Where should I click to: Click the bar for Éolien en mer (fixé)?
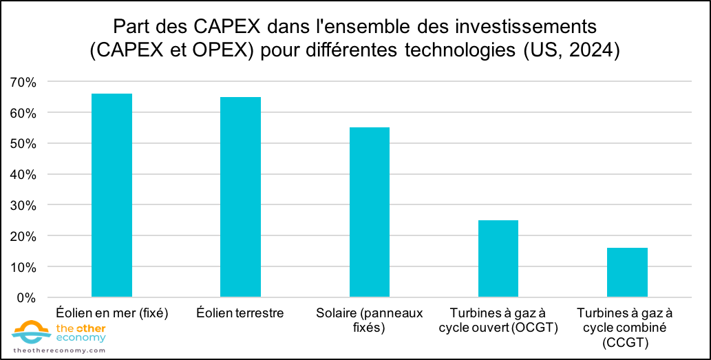tap(112, 195)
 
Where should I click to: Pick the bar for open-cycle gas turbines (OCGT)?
tap(498, 259)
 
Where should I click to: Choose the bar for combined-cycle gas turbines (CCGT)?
tap(627, 273)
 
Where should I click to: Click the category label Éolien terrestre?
tap(240, 313)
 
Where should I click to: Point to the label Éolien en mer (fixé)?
tap(112, 313)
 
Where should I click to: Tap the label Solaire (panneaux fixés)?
tap(370, 320)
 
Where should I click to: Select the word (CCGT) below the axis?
tap(626, 341)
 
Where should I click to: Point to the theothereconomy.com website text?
tap(59, 350)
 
